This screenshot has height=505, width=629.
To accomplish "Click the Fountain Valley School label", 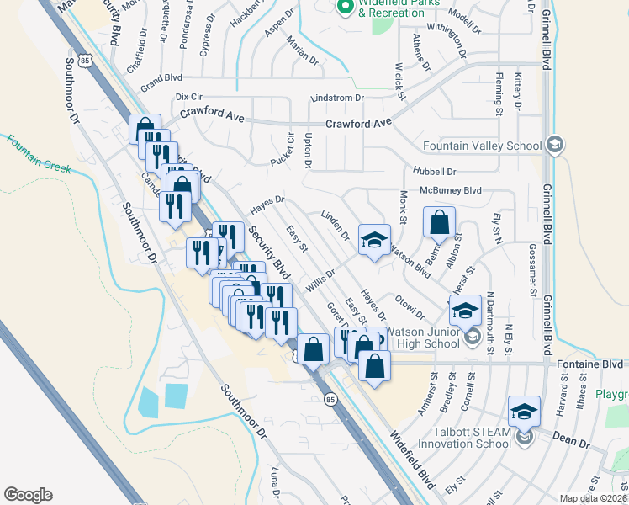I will tap(483, 146).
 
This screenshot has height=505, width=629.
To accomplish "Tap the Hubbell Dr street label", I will tap(429, 171).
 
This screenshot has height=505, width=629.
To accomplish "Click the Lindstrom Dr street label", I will tap(337, 98).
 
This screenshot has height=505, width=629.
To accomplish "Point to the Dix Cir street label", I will tap(189, 98).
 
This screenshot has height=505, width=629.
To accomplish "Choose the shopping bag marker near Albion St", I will tap(439, 222).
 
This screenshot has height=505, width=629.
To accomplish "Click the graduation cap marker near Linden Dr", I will tap(374, 240).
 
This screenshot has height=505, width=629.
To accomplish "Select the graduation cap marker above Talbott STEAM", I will tap(524, 411).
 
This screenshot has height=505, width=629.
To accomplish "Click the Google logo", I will tap(28, 495).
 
